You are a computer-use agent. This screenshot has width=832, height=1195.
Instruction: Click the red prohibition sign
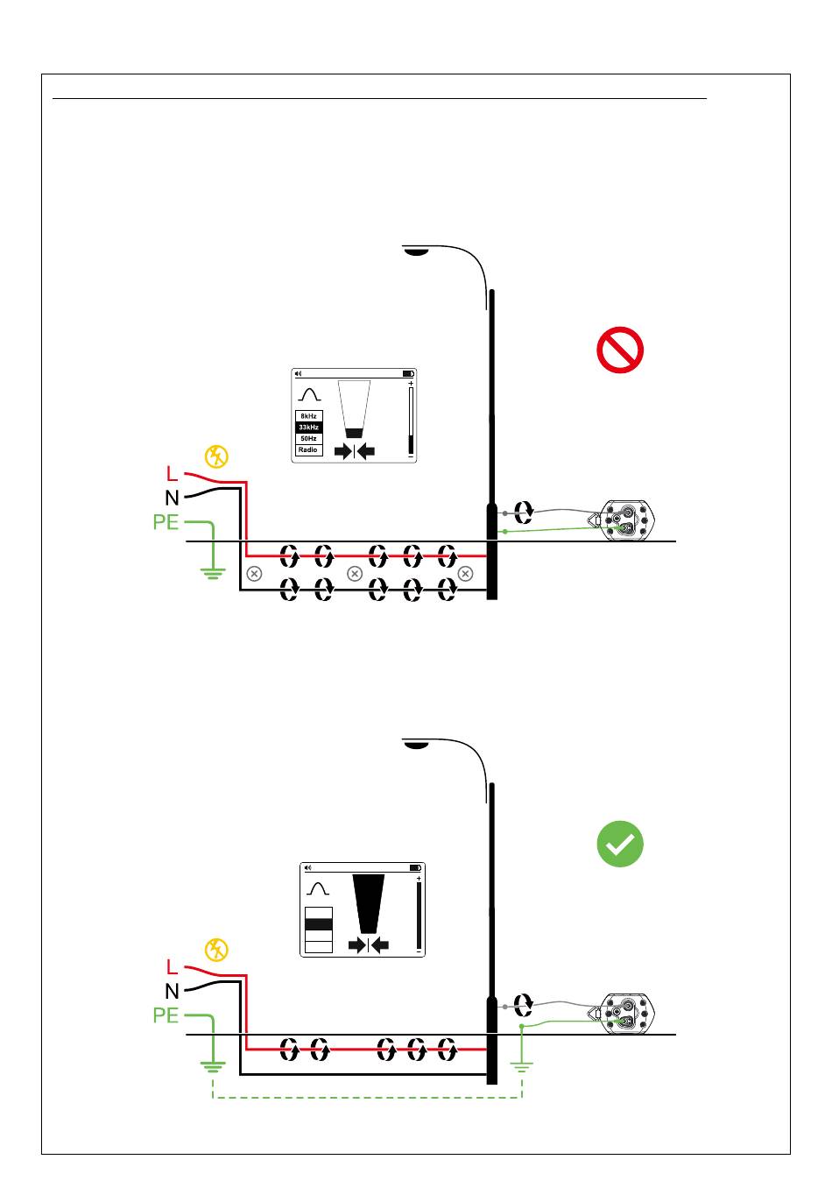click(x=620, y=350)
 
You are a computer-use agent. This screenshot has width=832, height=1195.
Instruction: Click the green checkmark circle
click(x=620, y=844)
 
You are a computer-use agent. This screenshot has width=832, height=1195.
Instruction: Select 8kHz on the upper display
click(x=308, y=416)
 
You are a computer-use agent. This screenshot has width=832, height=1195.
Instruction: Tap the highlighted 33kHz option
click(x=308, y=428)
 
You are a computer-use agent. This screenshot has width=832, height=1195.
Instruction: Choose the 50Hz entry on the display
click(x=308, y=438)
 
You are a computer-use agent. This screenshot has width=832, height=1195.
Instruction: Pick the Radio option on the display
click(x=308, y=449)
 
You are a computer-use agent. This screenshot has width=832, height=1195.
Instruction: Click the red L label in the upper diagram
click(x=173, y=474)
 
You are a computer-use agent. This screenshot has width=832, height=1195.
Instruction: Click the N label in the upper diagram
click(x=172, y=498)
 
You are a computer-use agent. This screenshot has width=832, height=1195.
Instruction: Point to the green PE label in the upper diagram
click(x=166, y=522)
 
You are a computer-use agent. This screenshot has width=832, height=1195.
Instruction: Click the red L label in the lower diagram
click(x=173, y=967)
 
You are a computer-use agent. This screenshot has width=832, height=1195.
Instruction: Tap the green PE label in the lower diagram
click(x=166, y=1015)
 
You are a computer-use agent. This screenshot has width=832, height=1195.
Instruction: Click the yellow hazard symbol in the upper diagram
click(x=216, y=456)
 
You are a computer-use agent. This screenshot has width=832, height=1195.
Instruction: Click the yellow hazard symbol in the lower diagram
click(x=216, y=950)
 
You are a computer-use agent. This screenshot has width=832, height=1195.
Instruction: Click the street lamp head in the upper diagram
click(x=416, y=251)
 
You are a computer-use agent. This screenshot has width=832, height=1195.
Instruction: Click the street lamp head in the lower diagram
click(x=416, y=745)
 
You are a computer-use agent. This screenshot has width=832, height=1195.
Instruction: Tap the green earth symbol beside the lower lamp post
click(x=522, y=1067)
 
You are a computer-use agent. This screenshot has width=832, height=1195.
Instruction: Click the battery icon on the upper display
click(x=408, y=374)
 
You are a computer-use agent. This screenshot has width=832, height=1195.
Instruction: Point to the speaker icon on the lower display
click(x=307, y=867)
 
